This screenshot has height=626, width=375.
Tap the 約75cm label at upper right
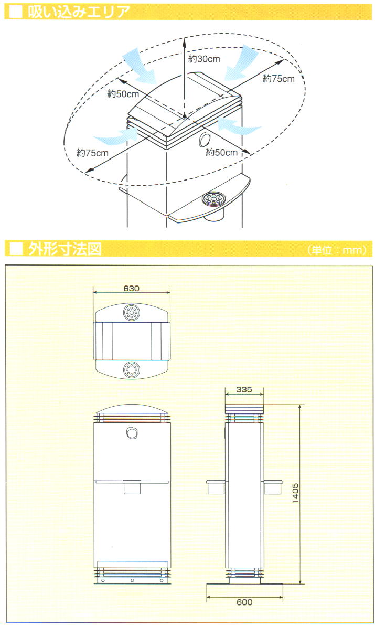point(278,79)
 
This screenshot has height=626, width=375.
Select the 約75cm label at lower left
point(92,153)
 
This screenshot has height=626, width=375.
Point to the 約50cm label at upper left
point(123,94)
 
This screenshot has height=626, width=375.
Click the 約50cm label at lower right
point(221,153)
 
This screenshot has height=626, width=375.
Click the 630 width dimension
point(131,288)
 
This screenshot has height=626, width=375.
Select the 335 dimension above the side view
point(244,390)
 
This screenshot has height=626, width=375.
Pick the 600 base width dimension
point(244,602)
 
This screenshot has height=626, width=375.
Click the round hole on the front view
point(131,433)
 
